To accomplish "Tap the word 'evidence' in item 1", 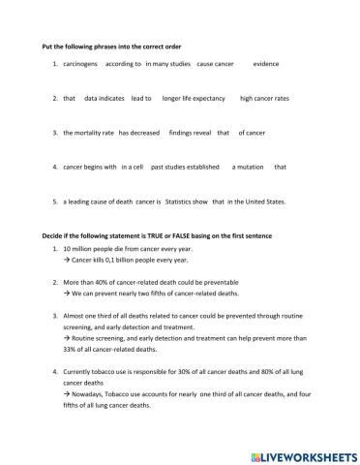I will pos(266,64).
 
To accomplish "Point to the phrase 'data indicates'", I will pos(104,98).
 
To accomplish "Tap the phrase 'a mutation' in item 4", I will pos(248,167).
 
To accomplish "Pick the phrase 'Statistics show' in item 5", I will pos(186,201).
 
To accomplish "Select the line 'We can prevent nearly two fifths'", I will pos(155,294).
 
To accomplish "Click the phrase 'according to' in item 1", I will pos(123,64).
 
